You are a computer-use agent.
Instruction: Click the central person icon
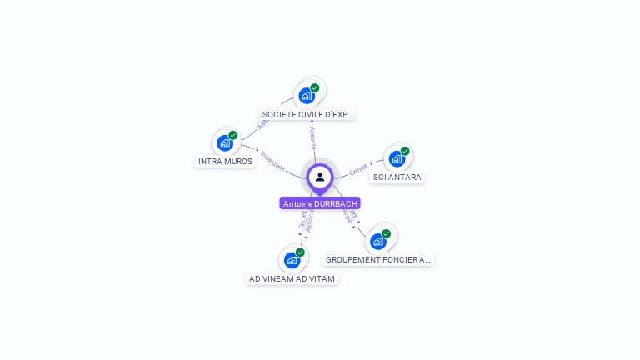[x=320, y=177]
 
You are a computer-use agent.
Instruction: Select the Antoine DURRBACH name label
[x=320, y=203]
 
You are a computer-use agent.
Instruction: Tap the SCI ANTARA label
[x=397, y=177]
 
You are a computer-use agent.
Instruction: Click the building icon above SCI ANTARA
[x=397, y=158]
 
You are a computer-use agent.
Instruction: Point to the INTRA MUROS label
[x=225, y=161]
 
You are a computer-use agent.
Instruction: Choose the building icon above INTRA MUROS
[x=225, y=142]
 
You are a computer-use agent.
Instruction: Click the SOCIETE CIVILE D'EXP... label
[x=307, y=114]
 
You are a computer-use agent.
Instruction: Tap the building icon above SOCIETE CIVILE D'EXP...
[x=307, y=95]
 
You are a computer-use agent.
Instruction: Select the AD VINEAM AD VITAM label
[x=292, y=278]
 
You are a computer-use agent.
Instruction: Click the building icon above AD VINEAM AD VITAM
[x=292, y=260]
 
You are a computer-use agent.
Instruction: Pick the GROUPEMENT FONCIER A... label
[x=378, y=260]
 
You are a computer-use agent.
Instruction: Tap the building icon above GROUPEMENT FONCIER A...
[x=378, y=242]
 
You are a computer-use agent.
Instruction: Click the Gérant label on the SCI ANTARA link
[x=358, y=169]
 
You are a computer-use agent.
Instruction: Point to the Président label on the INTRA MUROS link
[x=272, y=161]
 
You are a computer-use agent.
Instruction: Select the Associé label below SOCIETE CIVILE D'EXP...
[x=312, y=138]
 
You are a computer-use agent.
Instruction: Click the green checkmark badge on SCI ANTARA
[x=405, y=151]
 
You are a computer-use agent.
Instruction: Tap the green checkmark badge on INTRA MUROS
[x=233, y=135]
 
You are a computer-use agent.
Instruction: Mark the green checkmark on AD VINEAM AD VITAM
[x=300, y=252]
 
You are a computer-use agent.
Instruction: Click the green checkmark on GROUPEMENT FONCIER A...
[x=387, y=234]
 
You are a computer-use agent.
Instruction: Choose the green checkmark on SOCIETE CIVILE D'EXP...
[x=315, y=87]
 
